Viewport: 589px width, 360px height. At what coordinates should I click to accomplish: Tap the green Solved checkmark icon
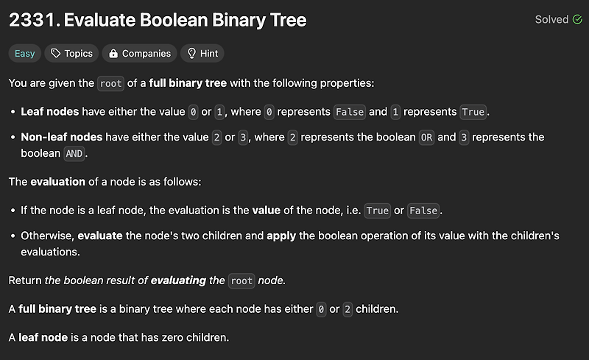click(x=577, y=19)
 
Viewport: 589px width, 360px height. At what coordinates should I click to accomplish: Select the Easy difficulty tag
click(x=25, y=53)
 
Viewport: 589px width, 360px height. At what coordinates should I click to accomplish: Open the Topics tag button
click(x=71, y=53)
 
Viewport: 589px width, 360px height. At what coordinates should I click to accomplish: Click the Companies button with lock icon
click(x=140, y=53)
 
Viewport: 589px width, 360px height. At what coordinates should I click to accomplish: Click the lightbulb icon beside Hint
click(x=192, y=53)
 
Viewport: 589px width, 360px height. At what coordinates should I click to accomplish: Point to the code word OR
click(x=426, y=138)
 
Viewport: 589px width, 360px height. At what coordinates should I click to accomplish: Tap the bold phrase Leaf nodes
click(x=50, y=112)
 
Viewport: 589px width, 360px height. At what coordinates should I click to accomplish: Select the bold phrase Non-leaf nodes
click(x=62, y=137)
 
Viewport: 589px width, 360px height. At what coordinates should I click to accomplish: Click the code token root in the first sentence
click(x=110, y=83)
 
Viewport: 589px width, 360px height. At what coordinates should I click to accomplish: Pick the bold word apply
click(x=282, y=236)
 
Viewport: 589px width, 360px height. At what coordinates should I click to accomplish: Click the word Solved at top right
click(x=551, y=19)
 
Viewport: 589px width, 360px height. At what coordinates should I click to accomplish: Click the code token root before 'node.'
click(x=241, y=280)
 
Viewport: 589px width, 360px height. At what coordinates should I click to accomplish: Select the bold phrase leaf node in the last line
click(x=37, y=337)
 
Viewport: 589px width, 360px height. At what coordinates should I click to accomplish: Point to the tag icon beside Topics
click(x=55, y=53)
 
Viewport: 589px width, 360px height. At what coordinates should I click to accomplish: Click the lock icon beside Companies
click(x=113, y=53)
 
